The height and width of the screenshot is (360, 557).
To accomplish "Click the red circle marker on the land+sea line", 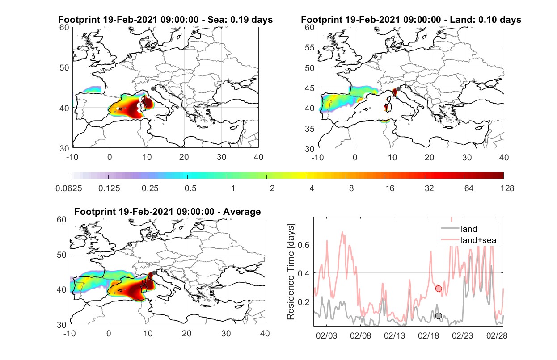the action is (x=439, y=289).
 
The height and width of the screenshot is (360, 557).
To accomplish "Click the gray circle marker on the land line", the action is (x=439, y=316).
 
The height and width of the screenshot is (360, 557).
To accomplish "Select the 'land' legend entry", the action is (x=469, y=229).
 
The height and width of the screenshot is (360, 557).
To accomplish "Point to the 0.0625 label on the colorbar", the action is (x=69, y=188).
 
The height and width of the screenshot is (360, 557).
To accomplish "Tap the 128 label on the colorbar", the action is (x=507, y=188).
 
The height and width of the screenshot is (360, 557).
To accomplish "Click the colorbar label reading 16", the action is (x=390, y=188).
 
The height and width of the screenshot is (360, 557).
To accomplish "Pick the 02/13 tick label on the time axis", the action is (x=394, y=335).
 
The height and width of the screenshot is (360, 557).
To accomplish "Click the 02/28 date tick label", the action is (x=497, y=335).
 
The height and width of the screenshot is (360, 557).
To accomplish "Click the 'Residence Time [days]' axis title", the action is (x=291, y=272).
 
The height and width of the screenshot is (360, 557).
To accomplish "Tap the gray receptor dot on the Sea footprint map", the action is (x=153, y=89).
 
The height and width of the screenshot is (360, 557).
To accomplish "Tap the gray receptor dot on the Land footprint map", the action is (x=398, y=89).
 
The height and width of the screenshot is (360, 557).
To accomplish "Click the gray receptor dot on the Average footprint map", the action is (x=154, y=273).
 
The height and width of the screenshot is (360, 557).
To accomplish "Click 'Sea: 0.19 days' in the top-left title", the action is (x=240, y=20).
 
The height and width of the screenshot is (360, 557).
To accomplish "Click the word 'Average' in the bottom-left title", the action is (x=242, y=212).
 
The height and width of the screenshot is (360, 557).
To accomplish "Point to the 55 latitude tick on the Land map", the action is (x=310, y=47).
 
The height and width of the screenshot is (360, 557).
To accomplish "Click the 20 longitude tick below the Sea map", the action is (x=184, y=157).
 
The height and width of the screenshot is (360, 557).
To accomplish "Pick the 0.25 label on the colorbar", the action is (x=150, y=188).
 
